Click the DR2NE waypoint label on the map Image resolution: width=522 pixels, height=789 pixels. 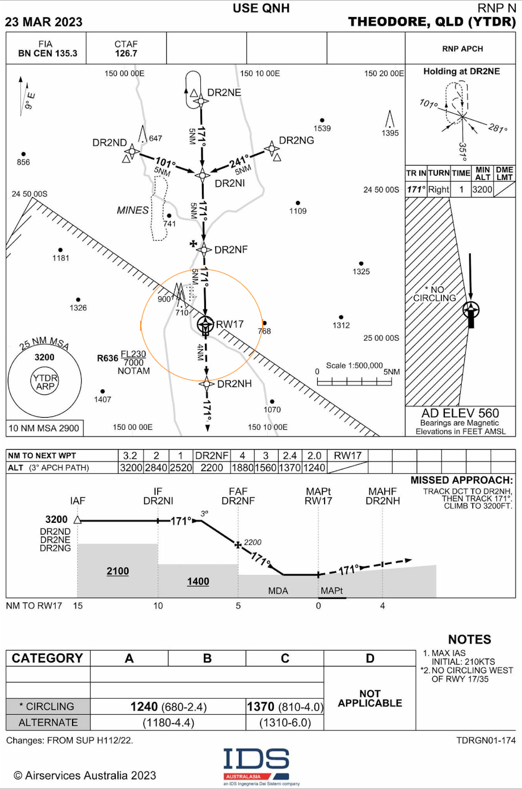click(x=224, y=93)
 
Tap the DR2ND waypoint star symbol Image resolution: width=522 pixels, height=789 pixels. click(x=132, y=152)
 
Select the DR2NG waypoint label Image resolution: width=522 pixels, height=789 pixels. click(x=296, y=141)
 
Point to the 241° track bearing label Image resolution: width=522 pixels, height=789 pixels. click(x=239, y=161)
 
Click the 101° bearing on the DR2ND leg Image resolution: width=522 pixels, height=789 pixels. click(x=166, y=162)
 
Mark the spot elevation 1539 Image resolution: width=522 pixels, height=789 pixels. click(x=322, y=128)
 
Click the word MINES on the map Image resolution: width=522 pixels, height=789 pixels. click(x=133, y=210)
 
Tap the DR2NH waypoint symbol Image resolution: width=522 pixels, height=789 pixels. click(x=207, y=384)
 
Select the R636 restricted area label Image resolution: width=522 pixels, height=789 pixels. click(x=107, y=358)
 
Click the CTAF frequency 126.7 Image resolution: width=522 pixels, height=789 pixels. click(x=125, y=53)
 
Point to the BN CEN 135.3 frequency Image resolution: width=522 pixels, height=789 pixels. click(x=48, y=53)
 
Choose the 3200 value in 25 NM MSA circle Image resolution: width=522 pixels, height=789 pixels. click(x=44, y=357)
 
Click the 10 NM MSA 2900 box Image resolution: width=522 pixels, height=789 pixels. click(x=44, y=428)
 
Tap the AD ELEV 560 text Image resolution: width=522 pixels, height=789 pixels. click(x=460, y=413)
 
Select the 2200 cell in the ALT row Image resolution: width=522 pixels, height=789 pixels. click(x=212, y=467)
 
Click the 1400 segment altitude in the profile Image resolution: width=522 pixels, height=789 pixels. click(x=198, y=581)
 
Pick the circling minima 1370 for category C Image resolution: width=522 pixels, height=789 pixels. click(x=260, y=706)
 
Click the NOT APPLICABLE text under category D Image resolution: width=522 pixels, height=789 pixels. click(x=370, y=698)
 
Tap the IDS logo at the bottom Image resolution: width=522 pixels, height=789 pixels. click(x=256, y=762)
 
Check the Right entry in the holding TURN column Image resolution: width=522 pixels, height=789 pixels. click(x=439, y=190)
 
